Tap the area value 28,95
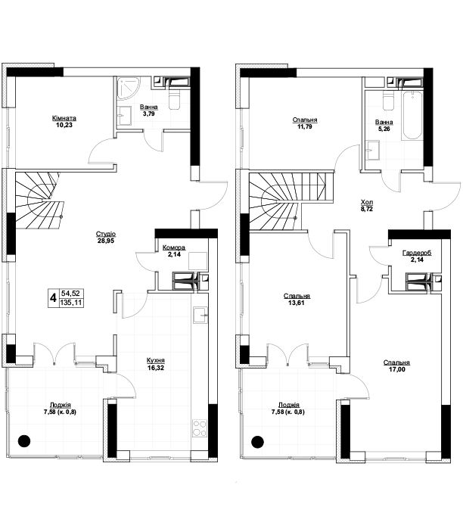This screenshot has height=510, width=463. (106, 241)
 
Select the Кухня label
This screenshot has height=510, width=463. (156, 360)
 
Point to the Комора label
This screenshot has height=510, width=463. (174, 247)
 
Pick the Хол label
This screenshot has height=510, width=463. (366, 202)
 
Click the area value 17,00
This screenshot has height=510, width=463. (396, 369)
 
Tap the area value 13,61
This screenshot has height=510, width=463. (297, 303)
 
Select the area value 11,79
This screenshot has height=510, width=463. (305, 126)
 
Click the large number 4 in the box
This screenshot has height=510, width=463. (53, 297)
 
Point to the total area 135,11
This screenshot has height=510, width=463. (70, 303)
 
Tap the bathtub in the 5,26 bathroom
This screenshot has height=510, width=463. (412, 116)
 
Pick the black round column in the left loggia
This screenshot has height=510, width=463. (24, 441)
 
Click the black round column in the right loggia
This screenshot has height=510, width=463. (257, 443)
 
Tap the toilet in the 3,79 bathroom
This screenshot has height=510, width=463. (174, 99)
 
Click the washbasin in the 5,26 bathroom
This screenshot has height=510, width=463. (373, 151)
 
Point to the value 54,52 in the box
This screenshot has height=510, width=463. (70, 293)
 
